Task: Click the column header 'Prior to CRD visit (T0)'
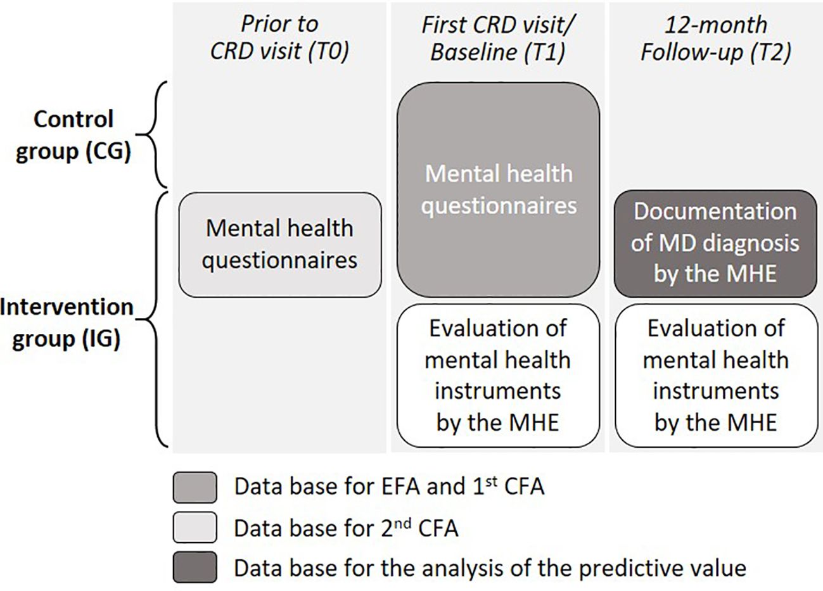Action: pyautogui.click(x=279, y=39)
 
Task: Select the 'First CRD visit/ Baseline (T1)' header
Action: pyautogui.click(x=497, y=39)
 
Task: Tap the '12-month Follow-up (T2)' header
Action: pyautogui.click(x=715, y=39)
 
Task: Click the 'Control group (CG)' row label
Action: pyautogui.click(x=73, y=136)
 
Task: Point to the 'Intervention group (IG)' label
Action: pyautogui.click(x=67, y=323)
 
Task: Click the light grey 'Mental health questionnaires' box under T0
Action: pyautogui.click(x=280, y=245)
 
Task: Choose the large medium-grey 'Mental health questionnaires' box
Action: pyautogui.click(x=498, y=189)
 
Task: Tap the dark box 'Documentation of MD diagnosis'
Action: pyautogui.click(x=715, y=243)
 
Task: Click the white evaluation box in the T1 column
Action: pyautogui.click(x=498, y=376)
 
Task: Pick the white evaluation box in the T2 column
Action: pyautogui.click(x=715, y=376)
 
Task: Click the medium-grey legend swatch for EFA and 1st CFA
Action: pyautogui.click(x=195, y=487)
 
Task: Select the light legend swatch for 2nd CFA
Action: pyautogui.click(x=195, y=527)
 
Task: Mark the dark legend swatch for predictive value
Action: pyautogui.click(x=195, y=568)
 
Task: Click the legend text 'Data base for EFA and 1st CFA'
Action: pyautogui.click(x=389, y=486)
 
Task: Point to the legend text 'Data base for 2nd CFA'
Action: pyautogui.click(x=345, y=527)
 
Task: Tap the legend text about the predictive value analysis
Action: pyautogui.click(x=489, y=568)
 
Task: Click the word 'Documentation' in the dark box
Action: pyautogui.click(x=715, y=212)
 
